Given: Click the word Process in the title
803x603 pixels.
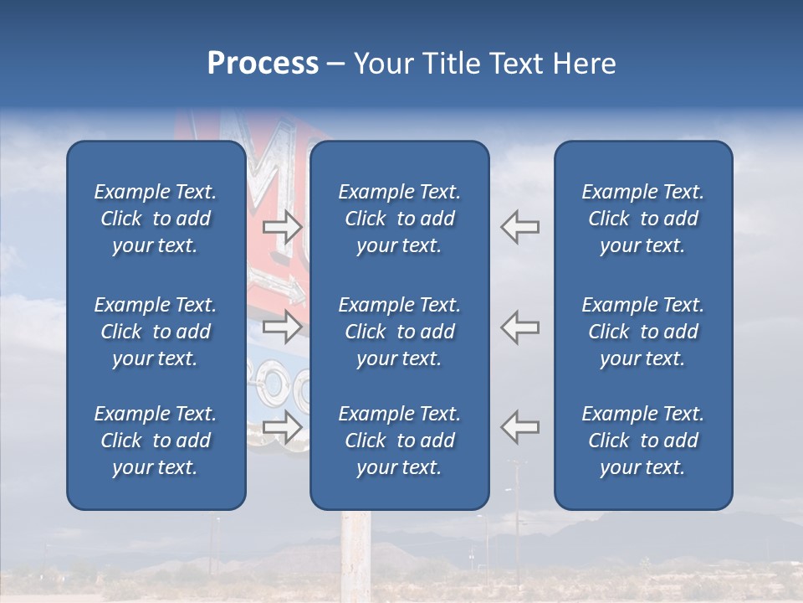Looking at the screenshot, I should (x=262, y=64).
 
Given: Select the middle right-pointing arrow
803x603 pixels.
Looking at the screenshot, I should (x=282, y=327).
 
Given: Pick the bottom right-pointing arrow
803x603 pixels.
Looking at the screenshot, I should (x=282, y=427).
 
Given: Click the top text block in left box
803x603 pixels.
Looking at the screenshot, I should (x=156, y=219).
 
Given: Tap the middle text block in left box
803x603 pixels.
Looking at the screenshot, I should (x=156, y=332).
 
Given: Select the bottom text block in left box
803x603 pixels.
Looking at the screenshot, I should (x=156, y=441).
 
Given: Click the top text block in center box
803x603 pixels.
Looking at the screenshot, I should (x=399, y=219).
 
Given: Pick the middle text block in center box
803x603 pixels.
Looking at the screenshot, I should (x=399, y=332).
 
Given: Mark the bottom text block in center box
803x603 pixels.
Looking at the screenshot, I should (x=399, y=441).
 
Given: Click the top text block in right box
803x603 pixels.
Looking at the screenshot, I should (x=642, y=219).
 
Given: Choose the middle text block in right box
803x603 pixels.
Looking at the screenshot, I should (x=642, y=332).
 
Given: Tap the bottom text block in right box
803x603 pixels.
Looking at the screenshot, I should (x=642, y=441).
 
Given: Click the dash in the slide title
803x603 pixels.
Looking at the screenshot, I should (x=335, y=64).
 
